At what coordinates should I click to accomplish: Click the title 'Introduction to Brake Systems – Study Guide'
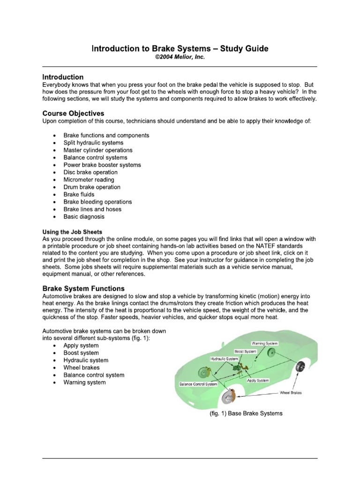(180, 49)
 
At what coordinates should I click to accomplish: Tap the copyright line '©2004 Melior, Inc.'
(180, 57)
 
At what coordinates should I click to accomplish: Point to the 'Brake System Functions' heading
(83, 288)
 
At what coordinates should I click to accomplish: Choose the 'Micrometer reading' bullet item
(89, 180)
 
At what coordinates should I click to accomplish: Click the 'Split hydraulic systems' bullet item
(93, 142)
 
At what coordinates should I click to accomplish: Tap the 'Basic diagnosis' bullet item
(84, 217)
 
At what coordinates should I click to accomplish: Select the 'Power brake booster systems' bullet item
(102, 165)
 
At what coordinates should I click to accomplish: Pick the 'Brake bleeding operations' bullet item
(97, 202)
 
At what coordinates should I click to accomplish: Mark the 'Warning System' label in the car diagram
(265, 344)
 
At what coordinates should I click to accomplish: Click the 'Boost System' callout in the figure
(245, 351)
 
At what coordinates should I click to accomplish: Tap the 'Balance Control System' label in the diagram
(199, 384)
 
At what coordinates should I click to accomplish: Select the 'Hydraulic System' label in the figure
(224, 359)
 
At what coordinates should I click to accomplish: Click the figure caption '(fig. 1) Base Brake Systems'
(246, 414)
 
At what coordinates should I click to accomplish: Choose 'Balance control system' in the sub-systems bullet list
(94, 375)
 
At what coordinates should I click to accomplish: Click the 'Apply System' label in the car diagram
(258, 381)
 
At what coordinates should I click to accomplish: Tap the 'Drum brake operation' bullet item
(92, 187)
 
